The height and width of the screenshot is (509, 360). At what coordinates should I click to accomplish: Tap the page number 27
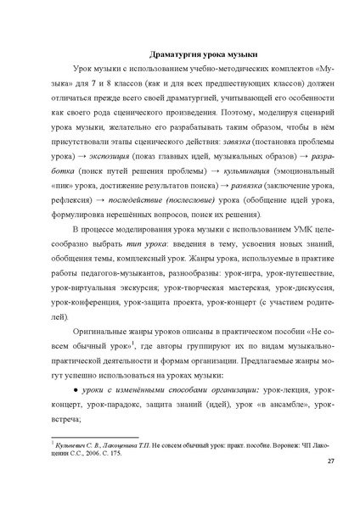pos(330,485)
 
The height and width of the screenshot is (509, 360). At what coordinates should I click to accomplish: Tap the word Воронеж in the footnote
pos(272,445)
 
